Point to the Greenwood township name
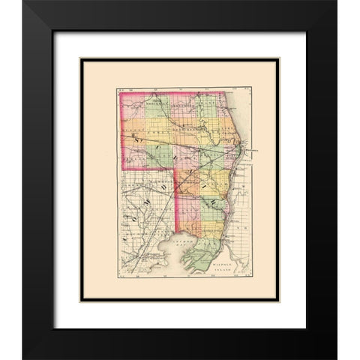182,106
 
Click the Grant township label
209,106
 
